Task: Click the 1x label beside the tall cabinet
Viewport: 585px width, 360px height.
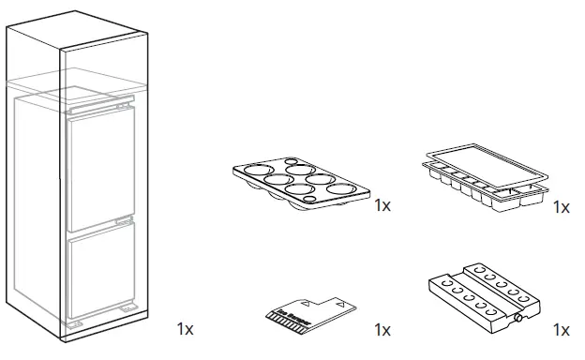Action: (186, 329)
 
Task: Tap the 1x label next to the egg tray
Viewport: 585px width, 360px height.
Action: (382, 205)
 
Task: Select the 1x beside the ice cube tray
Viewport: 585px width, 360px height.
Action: (561, 207)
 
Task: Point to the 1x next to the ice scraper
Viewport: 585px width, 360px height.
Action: (382, 329)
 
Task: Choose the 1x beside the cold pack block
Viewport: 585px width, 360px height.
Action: (561, 329)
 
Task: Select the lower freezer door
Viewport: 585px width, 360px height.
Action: (101, 275)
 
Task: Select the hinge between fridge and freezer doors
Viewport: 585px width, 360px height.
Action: (121, 219)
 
